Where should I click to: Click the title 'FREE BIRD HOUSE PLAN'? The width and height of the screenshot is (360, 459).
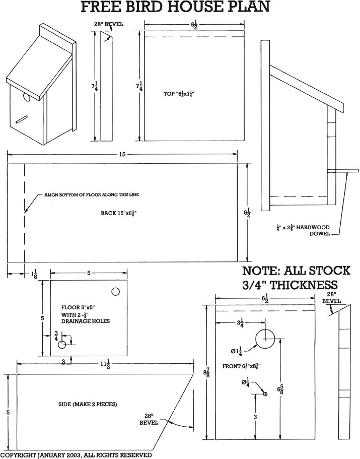pyautogui.click(x=176, y=8)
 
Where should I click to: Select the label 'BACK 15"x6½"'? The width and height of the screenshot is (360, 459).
pyautogui.click(x=119, y=213)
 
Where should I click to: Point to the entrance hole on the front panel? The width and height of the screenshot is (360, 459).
pyautogui.click(x=265, y=339)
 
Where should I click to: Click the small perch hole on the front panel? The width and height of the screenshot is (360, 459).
pyautogui.click(x=265, y=394)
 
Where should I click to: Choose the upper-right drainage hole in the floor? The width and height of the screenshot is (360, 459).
pyautogui.click(x=115, y=292)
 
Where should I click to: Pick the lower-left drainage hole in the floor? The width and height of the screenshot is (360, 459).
pyautogui.click(x=62, y=345)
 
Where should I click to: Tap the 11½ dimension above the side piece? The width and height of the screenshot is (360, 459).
pyautogui.click(x=105, y=365)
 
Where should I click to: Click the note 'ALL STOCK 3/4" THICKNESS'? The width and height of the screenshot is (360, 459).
pyautogui.click(x=296, y=278)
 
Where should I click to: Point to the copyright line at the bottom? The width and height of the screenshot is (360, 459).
pyautogui.click(x=76, y=455)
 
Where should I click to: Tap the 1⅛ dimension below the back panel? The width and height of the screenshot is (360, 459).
pyautogui.click(x=34, y=275)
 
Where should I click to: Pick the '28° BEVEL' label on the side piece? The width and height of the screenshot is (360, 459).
pyautogui.click(x=149, y=419)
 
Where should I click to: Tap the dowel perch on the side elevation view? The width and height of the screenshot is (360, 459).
pyautogui.click(x=347, y=171)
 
